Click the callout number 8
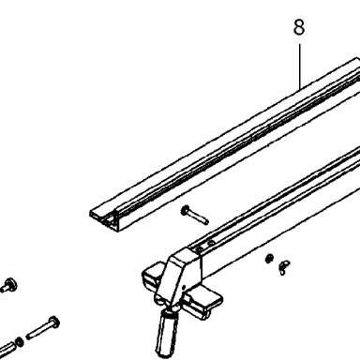point(299,27)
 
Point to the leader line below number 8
point(300,67)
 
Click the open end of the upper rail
point(105,219)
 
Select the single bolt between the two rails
point(195,216)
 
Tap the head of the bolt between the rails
point(185,211)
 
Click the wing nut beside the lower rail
point(284,267)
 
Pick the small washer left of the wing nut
point(269,259)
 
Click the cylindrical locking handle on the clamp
point(167,333)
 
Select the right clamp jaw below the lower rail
point(203,302)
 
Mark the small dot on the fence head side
point(185,287)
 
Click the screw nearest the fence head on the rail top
point(198,249)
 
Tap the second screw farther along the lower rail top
point(210,242)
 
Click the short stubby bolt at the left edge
point(8,284)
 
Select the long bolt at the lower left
point(43,328)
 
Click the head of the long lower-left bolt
point(54,322)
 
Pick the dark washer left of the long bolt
point(20,341)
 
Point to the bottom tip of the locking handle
point(163,354)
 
